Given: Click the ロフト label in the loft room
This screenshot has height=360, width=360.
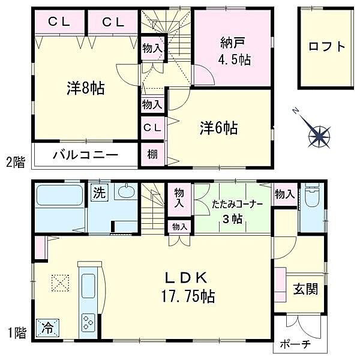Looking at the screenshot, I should point(327,47).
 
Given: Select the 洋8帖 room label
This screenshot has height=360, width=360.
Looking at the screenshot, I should point(85,89).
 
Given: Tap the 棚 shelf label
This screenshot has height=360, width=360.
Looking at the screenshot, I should point(152,154).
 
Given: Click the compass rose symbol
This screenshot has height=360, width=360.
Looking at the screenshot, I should point(319,136).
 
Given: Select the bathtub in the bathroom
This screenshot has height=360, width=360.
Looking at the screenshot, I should point(59,196).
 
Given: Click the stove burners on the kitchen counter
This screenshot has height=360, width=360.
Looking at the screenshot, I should point(88,322).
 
